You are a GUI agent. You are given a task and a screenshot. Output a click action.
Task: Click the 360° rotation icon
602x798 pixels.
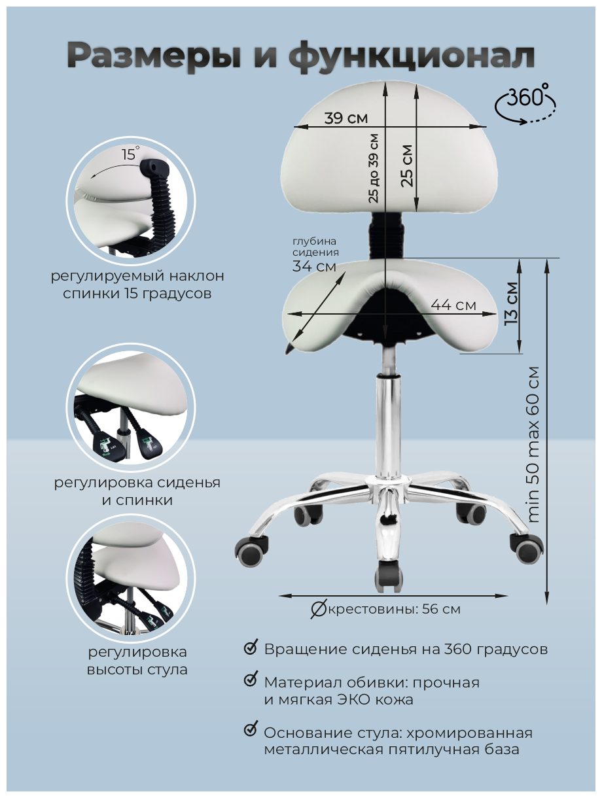click(525, 103)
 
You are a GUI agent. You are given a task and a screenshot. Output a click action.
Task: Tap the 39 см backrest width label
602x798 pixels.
click(346, 118)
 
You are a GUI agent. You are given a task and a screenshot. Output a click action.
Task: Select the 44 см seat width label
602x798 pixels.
click(453, 305)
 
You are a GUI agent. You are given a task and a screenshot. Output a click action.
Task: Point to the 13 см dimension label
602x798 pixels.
click(512, 304)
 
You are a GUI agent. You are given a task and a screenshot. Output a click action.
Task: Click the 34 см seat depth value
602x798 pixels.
click(314, 266)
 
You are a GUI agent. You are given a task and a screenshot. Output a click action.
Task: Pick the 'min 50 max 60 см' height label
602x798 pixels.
click(533, 445)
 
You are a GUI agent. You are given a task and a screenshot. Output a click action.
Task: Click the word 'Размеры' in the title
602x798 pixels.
click(154, 56)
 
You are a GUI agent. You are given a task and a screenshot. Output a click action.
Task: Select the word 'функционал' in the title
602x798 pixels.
click(411, 56)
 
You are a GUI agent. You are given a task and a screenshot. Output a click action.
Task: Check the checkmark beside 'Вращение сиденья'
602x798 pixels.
click(251, 647)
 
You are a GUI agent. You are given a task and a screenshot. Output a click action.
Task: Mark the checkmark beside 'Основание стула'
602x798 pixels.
click(251, 727)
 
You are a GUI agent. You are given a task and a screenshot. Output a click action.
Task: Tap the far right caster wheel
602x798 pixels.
click(526, 549)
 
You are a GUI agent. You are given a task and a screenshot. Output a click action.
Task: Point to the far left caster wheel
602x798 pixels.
click(251, 550)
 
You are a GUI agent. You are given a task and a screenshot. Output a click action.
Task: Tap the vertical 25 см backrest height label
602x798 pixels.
click(408, 165)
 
